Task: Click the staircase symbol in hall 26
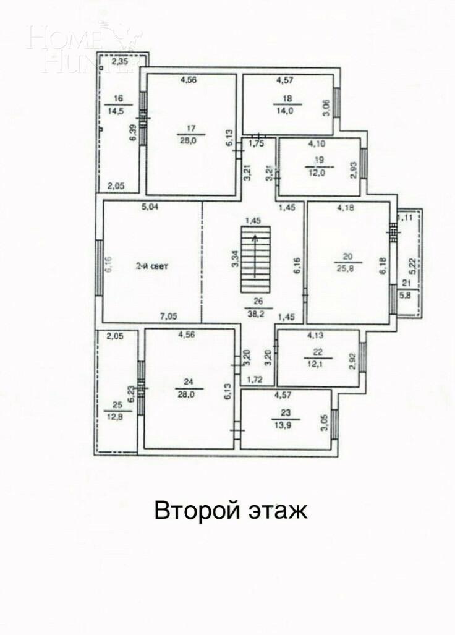[255, 259]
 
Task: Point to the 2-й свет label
[152, 266]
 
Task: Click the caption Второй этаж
[230, 511]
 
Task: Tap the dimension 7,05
[169, 317]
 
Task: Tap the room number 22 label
[318, 352]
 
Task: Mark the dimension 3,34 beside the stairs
[235, 258]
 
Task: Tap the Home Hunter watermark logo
[85, 48]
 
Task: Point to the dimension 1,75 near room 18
[256, 143]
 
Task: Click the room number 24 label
[189, 381]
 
